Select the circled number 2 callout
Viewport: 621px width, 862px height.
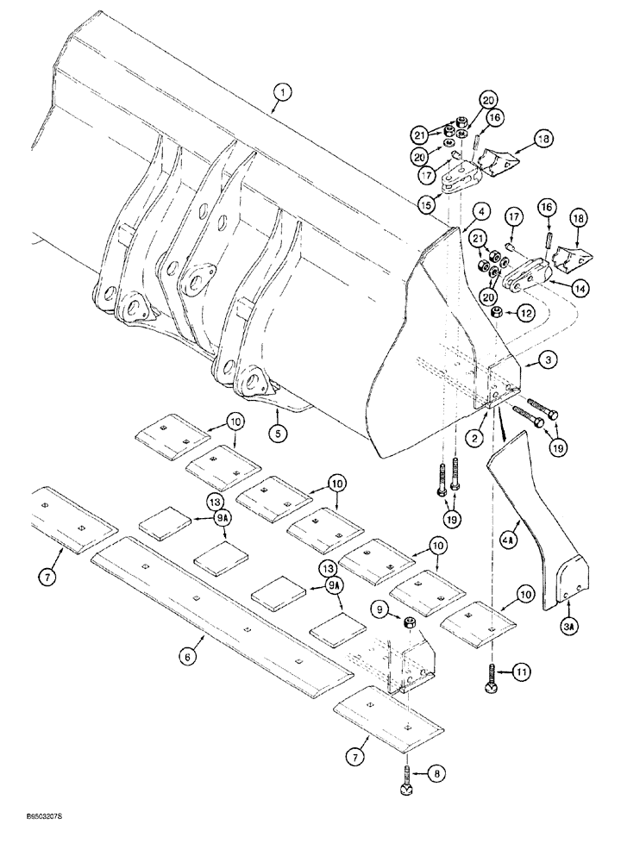point(474,439)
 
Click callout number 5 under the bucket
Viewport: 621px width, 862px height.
point(278,434)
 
